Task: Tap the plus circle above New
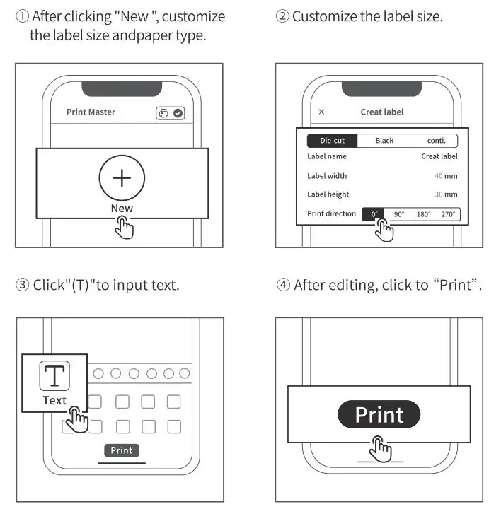(x=122, y=177)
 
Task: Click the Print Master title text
(x=91, y=112)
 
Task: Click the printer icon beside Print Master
(x=163, y=112)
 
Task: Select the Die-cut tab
(x=332, y=141)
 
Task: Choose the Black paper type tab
(x=384, y=141)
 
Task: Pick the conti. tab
(x=436, y=141)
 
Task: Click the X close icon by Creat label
(x=322, y=112)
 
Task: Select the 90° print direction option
(x=399, y=214)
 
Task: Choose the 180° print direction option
(x=423, y=214)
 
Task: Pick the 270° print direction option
(x=448, y=214)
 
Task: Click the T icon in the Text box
(x=54, y=375)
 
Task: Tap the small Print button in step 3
(x=121, y=450)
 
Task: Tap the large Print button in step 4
(x=379, y=414)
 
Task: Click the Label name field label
(x=327, y=156)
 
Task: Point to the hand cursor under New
(x=125, y=228)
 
